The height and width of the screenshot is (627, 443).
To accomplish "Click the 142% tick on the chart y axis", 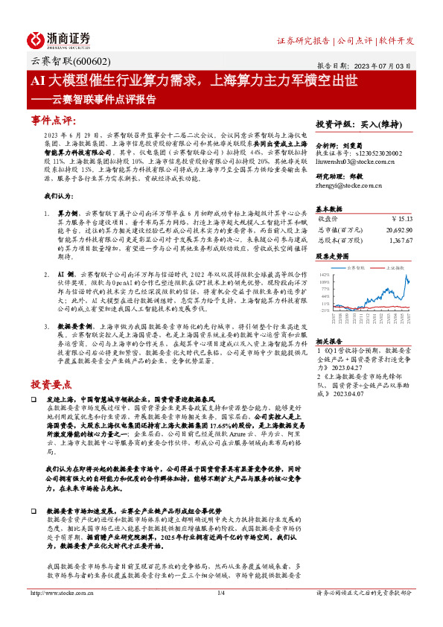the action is pos(325,275).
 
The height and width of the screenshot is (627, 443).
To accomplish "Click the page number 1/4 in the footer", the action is pos(220,614).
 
